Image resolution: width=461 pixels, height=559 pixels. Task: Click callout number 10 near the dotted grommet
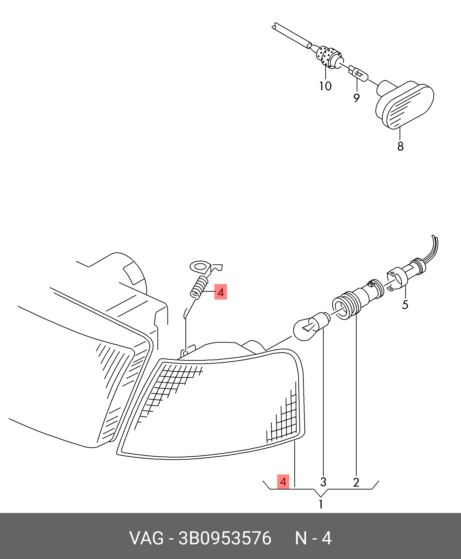click(x=325, y=86)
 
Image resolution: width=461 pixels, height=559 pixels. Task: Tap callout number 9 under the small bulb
click(x=356, y=98)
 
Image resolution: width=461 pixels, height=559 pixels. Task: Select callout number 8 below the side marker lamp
click(x=400, y=146)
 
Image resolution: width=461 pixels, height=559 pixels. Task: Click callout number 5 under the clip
click(x=405, y=305)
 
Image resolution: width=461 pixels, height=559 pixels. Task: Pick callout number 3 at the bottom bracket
click(x=323, y=482)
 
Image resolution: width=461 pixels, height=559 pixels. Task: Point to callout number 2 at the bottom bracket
click(x=356, y=482)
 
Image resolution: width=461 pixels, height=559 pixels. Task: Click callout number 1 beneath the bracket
click(x=321, y=504)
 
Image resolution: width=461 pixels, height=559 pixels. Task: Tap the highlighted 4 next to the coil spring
click(x=221, y=292)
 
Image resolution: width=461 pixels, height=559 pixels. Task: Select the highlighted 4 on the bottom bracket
click(x=283, y=482)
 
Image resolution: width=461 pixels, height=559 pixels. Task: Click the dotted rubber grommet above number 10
click(x=329, y=57)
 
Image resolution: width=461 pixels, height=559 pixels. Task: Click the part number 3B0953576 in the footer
click(x=225, y=538)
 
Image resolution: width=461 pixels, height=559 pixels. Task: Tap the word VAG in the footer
click(x=146, y=538)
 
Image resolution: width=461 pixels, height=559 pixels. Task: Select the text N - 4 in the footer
click(x=313, y=538)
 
